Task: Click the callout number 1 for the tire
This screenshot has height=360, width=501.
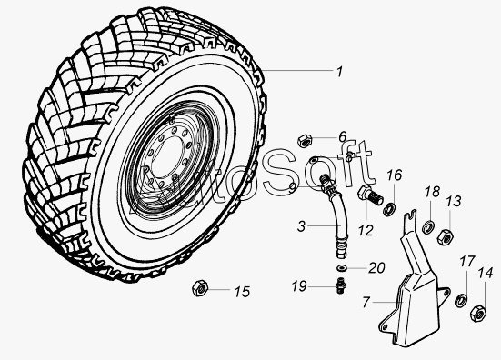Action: coord(339,72)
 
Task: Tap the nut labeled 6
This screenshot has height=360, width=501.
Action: coord(305,141)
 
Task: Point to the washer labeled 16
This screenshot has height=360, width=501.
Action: coord(389,209)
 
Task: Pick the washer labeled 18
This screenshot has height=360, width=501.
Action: coord(428,226)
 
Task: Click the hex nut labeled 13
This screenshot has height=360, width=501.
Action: coord(446,236)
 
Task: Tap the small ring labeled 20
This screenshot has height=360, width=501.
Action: coord(342,267)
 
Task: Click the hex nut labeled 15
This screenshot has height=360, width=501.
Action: coord(200,288)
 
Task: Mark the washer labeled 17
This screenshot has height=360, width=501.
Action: coord(460,300)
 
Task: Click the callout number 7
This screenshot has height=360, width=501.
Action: coord(366,302)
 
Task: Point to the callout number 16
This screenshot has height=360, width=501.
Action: coord(395,175)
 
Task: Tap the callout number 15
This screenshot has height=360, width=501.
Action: coord(242,292)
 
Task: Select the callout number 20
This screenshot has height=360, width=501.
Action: coord(376,268)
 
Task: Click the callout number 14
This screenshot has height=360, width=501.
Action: coord(486,274)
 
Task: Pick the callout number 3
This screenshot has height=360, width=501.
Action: coord(301,226)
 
